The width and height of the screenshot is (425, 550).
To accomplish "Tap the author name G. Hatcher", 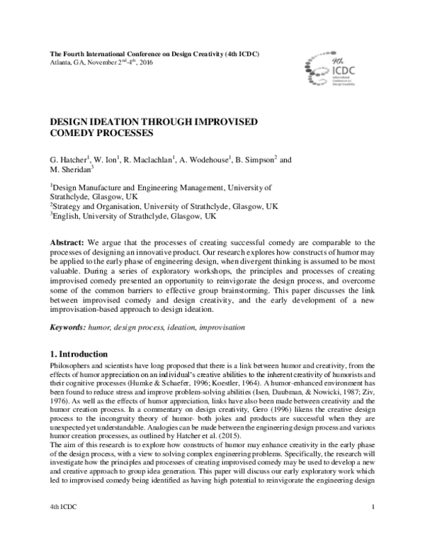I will (67, 160).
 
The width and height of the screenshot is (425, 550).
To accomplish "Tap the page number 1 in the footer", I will (372, 529).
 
